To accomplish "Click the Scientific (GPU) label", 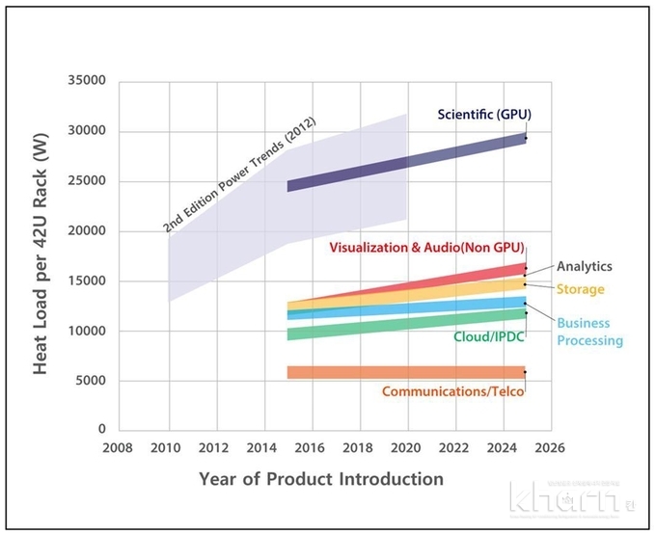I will (x=483, y=114).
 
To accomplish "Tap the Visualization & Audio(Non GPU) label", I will (x=425, y=247).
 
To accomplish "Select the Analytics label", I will (x=584, y=266).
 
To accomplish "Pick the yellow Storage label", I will (x=580, y=289).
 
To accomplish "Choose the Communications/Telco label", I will (x=452, y=391).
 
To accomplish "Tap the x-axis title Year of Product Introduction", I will (x=321, y=479).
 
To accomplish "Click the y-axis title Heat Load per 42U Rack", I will (x=42, y=255).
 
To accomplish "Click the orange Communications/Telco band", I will (x=405, y=372).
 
